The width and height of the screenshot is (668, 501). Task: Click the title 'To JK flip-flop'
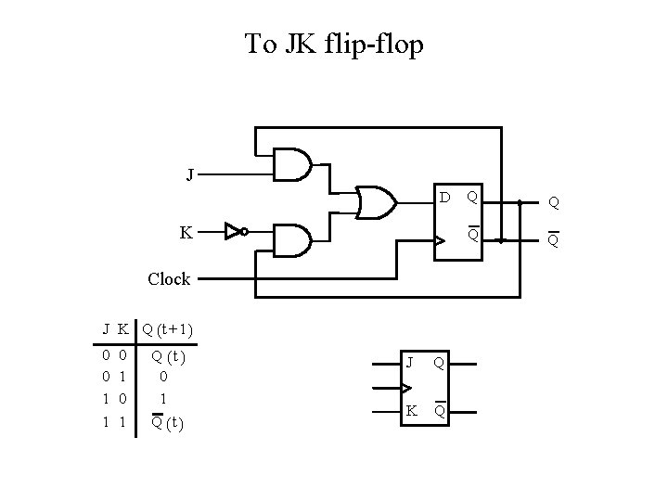(x=334, y=44)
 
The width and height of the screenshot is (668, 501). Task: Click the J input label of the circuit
(x=190, y=173)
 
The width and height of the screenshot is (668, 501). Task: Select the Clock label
(x=169, y=278)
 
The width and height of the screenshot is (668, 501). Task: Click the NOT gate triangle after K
(x=233, y=232)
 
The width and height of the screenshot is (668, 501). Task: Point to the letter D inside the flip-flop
(x=445, y=198)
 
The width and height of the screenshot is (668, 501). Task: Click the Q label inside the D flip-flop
(x=472, y=198)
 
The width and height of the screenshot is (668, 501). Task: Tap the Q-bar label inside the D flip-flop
(x=472, y=235)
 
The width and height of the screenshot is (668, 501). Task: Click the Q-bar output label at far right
(x=553, y=240)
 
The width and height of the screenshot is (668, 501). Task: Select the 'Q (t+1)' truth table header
(x=167, y=328)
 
